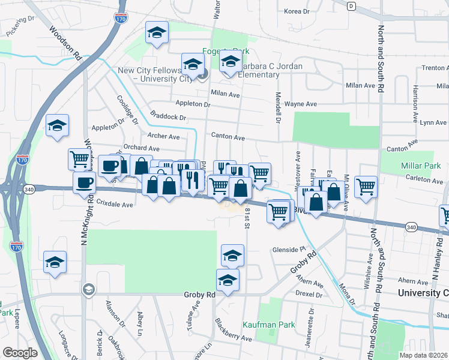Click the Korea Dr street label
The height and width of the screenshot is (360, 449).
tap(297, 11)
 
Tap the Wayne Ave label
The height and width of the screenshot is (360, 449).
tap(300, 104)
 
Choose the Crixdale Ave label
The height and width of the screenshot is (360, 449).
tap(115, 205)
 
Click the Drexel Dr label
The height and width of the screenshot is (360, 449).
tap(310, 294)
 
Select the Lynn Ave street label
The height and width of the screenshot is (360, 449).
tap(433, 122)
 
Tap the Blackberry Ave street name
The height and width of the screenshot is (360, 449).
tap(232, 338)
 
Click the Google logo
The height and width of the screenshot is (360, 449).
tap(20, 353)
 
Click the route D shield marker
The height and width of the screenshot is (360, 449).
tap(351, 5)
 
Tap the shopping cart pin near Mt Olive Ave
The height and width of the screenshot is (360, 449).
tap(366, 187)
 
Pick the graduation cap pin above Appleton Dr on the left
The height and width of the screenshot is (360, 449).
tap(57, 125)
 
